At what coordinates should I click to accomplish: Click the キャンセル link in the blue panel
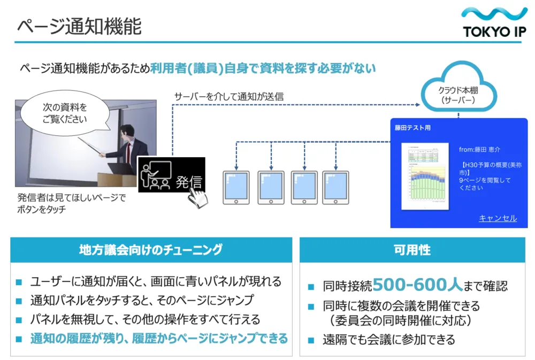(x=498, y=218)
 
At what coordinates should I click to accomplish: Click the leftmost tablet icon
(x=236, y=188)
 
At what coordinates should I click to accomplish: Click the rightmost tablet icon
(x=335, y=188)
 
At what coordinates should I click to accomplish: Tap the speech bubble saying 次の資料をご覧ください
(x=65, y=113)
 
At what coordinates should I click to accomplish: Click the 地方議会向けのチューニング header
(x=151, y=249)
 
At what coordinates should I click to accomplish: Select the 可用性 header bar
(x=412, y=250)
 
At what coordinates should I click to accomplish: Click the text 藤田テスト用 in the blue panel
(x=412, y=128)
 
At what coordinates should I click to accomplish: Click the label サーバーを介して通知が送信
(x=229, y=96)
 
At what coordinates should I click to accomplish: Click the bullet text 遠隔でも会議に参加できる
(x=388, y=339)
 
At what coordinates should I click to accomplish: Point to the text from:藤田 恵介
(x=480, y=149)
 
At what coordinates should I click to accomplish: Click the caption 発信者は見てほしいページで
(x=72, y=198)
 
